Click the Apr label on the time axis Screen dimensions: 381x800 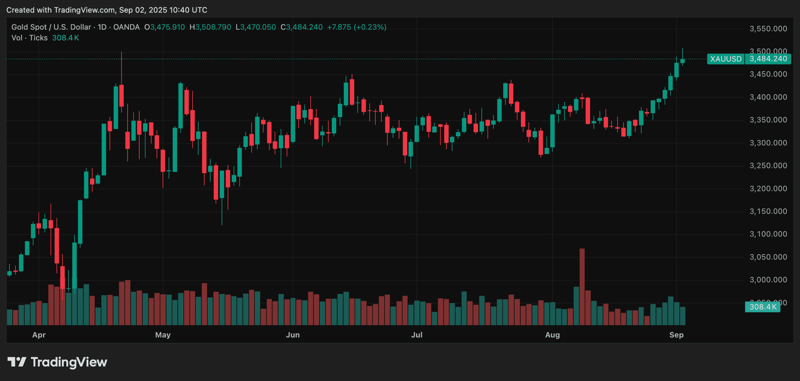(39, 335)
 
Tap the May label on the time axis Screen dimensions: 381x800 (163, 335)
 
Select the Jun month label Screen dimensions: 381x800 (293, 335)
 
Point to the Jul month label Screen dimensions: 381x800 (417, 335)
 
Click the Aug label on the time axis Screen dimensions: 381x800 (552, 335)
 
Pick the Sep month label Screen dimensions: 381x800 (676, 335)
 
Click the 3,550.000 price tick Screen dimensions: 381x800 (768, 29)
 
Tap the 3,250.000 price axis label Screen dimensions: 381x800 (768, 165)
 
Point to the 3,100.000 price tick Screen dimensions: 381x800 (768, 234)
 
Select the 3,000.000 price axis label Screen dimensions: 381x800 (768, 280)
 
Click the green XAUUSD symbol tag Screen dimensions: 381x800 (726, 59)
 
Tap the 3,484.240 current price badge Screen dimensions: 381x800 (768, 59)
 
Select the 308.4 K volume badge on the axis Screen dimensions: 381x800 (762, 307)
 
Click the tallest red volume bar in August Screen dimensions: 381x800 (582, 286)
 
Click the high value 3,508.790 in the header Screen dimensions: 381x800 (213, 27)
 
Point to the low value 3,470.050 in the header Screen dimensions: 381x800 (258, 27)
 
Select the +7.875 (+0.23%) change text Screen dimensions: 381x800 (357, 27)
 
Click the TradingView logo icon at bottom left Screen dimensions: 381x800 (17, 362)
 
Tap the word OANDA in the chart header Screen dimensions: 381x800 (126, 27)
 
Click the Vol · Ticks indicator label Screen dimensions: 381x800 (29, 38)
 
